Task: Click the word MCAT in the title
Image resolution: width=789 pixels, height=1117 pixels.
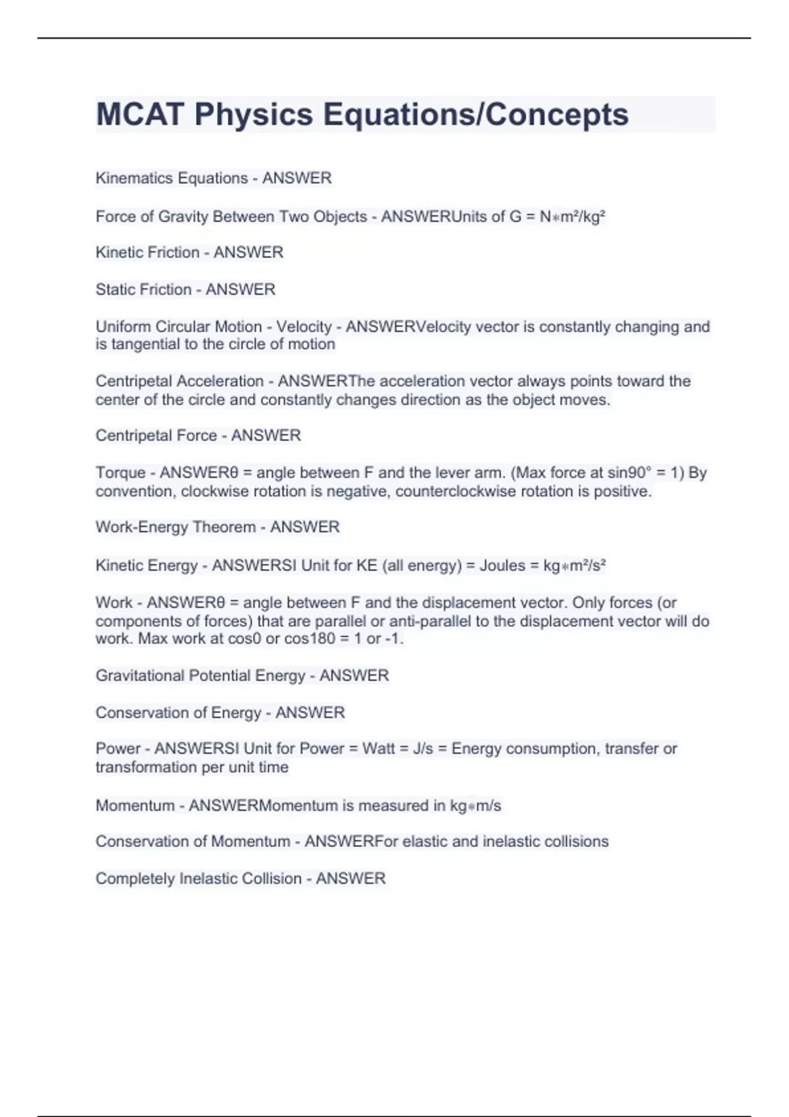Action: (139, 114)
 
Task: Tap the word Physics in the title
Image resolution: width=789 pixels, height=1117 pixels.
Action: (254, 114)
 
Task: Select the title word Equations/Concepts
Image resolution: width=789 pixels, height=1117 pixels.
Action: (475, 114)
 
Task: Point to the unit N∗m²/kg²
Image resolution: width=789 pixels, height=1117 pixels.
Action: (572, 217)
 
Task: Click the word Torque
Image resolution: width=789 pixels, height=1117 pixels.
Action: (120, 473)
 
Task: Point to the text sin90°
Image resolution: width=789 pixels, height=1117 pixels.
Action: (629, 473)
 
